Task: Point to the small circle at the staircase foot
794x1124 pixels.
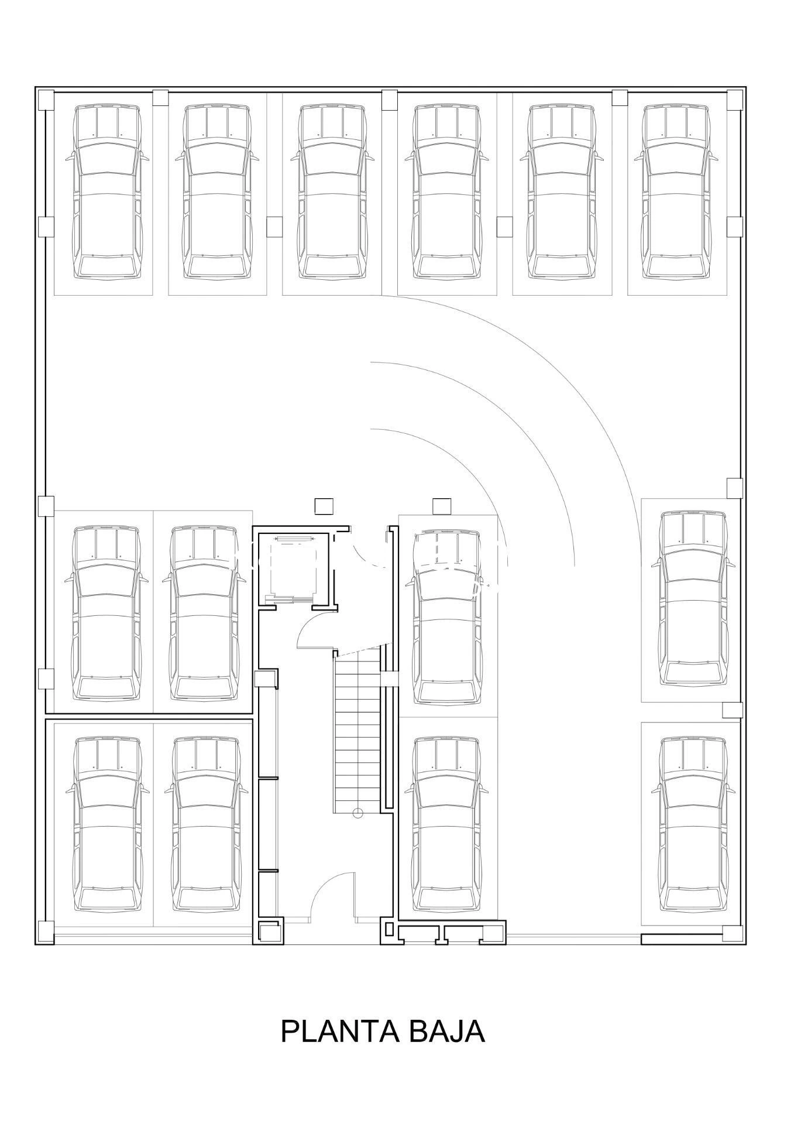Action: click(358, 813)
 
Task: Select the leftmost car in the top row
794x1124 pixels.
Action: click(107, 191)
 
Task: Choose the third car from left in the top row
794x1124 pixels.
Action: click(333, 191)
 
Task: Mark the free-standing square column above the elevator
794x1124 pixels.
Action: click(324, 506)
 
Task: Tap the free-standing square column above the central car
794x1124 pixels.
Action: click(442, 506)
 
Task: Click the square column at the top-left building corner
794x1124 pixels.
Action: click(45, 100)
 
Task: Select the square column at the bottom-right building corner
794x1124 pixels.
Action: click(733, 933)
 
